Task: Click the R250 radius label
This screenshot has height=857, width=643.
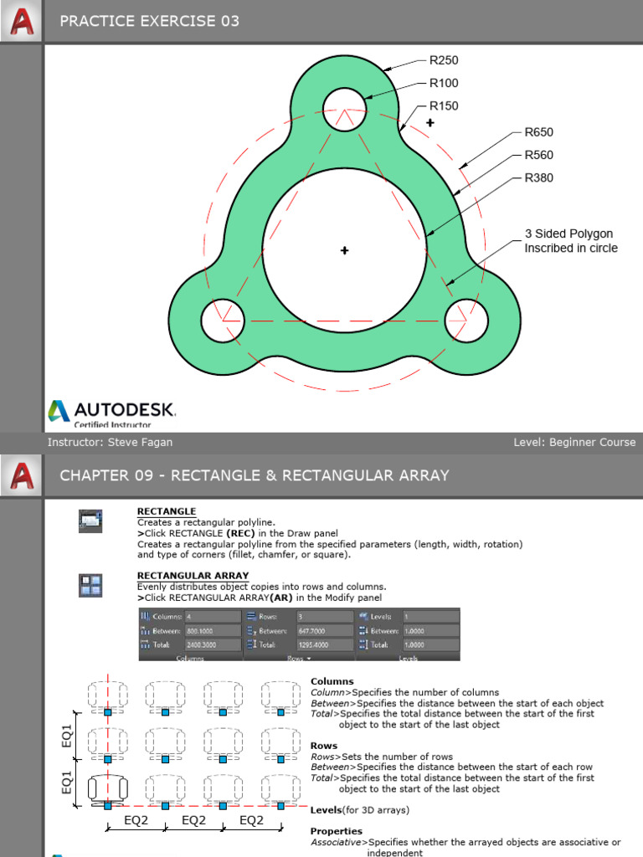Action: pyautogui.click(x=444, y=60)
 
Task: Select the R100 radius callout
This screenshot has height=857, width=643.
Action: pyautogui.click(x=444, y=83)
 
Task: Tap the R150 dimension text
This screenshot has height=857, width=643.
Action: pyautogui.click(x=444, y=105)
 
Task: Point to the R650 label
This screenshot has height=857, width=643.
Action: pyautogui.click(x=538, y=132)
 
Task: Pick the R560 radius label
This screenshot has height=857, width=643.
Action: pyautogui.click(x=538, y=155)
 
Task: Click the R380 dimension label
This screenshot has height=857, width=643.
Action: pyautogui.click(x=538, y=177)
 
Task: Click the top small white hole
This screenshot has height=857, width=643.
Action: pyautogui.click(x=344, y=109)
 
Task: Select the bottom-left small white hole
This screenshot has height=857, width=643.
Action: pyautogui.click(x=223, y=320)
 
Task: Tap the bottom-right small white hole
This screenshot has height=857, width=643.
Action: pyautogui.click(x=466, y=320)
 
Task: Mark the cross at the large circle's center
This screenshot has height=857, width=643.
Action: pyautogui.click(x=344, y=250)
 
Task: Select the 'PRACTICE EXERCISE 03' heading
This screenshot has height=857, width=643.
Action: pyautogui.click(x=149, y=21)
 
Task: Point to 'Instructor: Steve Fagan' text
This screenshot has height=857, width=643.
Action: pyautogui.click(x=110, y=442)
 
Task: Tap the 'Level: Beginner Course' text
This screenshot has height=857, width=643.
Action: pyautogui.click(x=574, y=442)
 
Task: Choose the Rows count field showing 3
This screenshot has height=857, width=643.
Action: pyautogui.click(x=325, y=617)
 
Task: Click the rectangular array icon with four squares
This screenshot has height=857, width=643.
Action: pyautogui.click(x=90, y=584)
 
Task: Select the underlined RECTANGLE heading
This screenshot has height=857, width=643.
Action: pyautogui.click(x=167, y=511)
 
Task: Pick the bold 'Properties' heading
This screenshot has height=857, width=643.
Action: pyautogui.click(x=337, y=831)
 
